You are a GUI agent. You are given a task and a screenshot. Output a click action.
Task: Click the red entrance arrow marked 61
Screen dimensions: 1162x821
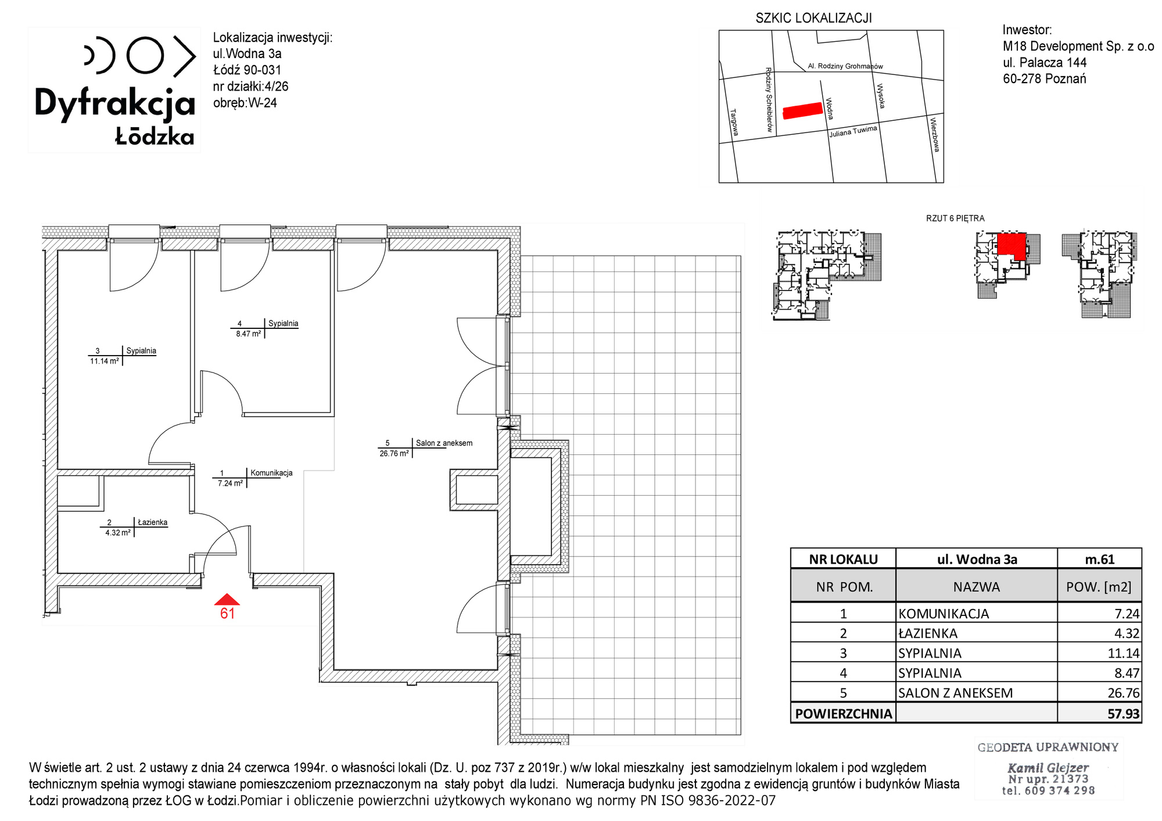(227, 600)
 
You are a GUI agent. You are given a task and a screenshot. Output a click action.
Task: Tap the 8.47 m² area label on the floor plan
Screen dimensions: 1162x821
(248, 334)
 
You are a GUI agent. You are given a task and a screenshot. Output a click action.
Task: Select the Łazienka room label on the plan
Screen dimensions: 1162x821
(152, 522)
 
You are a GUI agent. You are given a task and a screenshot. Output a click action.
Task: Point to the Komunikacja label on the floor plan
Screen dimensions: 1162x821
(271, 473)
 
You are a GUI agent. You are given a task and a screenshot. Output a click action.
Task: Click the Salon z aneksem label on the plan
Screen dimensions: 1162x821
(444, 443)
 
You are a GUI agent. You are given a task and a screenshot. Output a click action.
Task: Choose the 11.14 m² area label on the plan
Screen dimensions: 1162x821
(105, 361)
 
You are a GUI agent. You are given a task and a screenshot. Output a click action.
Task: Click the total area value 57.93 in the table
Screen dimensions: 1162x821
(1124, 714)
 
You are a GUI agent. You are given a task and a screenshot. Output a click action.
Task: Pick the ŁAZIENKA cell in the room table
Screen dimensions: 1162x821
(928, 633)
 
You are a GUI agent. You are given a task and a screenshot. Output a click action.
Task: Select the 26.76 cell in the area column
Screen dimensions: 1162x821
(1124, 693)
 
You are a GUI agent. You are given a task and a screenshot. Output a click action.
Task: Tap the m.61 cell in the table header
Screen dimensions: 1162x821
(1099, 559)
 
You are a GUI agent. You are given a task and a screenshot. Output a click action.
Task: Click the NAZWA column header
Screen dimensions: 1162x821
(976, 587)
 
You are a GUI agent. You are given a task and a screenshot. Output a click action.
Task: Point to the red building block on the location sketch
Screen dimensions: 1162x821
(802, 110)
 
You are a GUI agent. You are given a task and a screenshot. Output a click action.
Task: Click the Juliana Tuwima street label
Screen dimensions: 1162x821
(853, 131)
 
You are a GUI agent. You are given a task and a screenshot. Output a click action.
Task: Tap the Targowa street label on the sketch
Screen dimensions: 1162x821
(734, 122)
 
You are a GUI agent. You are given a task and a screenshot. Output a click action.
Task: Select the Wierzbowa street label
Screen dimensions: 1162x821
(934, 135)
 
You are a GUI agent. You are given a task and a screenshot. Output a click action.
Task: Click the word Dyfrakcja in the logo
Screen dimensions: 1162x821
(115, 104)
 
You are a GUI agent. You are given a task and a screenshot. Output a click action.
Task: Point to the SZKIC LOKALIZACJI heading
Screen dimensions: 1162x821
(813, 18)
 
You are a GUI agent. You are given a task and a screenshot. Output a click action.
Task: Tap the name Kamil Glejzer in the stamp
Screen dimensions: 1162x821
(1048, 768)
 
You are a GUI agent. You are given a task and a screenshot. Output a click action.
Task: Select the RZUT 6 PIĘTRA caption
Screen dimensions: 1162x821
(955, 218)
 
